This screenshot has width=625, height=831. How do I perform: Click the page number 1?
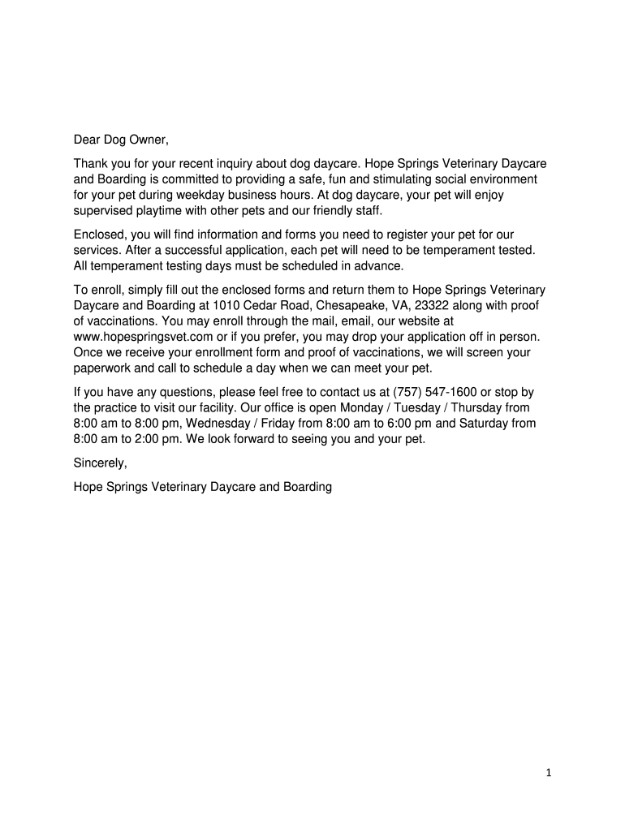pos(549,773)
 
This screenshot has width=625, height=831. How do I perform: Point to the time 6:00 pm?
pos(409,423)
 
